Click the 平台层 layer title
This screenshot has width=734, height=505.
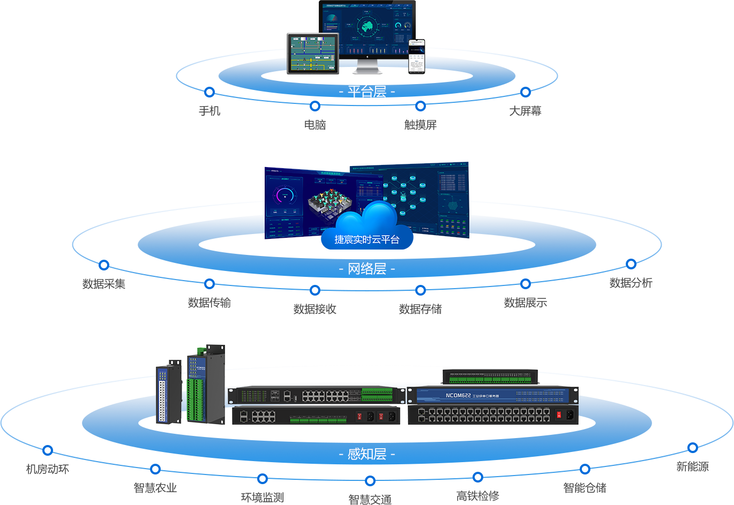pos(367,92)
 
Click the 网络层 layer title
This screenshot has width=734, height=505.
pos(367,268)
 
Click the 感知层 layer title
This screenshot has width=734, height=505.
pos(367,454)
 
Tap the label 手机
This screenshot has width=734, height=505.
pos(209,111)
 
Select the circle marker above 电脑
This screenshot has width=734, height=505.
pos(315,106)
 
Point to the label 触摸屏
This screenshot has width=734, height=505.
pos(421,125)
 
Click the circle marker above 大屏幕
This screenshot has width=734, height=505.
pos(526,92)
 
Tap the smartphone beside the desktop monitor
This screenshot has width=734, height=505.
pos(416,56)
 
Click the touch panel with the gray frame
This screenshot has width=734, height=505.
pos(313,54)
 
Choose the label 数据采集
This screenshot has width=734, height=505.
pos(104,283)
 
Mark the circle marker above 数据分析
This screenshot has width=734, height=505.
pos(631,263)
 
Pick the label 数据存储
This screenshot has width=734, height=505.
pos(421,309)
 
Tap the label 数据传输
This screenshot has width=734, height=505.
pos(209,303)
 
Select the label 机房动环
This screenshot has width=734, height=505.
pos(48,469)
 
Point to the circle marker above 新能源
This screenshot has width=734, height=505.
pos(693,448)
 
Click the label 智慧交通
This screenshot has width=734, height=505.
pos(370,500)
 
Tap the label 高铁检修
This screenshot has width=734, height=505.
pos(478,496)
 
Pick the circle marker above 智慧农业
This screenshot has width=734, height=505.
pos(155,469)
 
